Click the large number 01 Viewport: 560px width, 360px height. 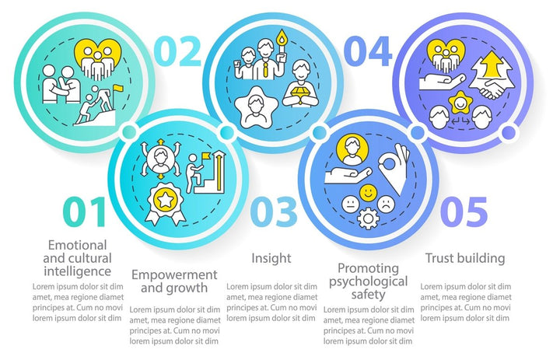click(x=85, y=212)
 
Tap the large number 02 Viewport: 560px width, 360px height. click(x=180, y=51)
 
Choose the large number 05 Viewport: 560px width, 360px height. click(x=464, y=212)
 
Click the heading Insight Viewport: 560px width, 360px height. click(x=271, y=258)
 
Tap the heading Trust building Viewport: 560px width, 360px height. click(x=465, y=258)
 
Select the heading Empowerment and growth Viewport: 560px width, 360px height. click(x=174, y=281)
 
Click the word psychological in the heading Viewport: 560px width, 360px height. click(x=368, y=281)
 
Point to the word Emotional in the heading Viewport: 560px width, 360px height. click(x=78, y=245)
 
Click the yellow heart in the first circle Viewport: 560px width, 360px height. click(x=98, y=57)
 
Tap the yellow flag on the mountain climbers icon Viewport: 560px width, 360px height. click(x=118, y=88)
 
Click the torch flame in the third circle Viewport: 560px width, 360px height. click(x=282, y=37)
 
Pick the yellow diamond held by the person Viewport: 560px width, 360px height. click(x=300, y=93)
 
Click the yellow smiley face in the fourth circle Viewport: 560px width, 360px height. click(x=368, y=193)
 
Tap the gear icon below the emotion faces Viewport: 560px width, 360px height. click(x=368, y=218)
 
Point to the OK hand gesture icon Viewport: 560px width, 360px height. click(x=394, y=167)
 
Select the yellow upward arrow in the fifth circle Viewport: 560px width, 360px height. click(x=492, y=64)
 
